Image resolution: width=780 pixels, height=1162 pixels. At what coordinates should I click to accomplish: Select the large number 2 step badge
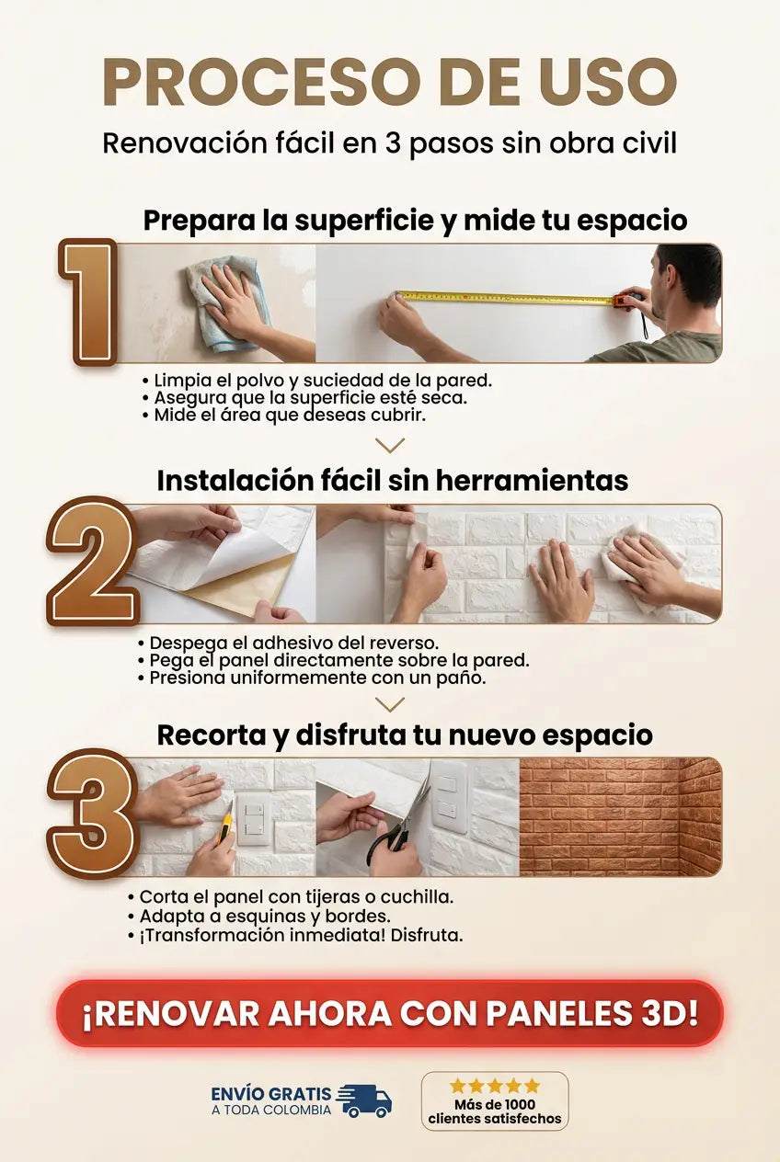coord(92,561)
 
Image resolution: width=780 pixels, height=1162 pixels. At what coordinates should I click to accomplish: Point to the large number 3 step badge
coord(92,814)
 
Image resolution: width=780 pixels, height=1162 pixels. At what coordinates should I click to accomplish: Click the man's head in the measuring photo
coord(685,283)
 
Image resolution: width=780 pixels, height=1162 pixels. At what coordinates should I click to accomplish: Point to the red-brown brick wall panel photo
coord(621,817)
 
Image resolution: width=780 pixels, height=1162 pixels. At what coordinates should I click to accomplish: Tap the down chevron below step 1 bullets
coord(390,445)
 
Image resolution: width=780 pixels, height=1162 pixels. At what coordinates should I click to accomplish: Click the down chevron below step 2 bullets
coord(390,704)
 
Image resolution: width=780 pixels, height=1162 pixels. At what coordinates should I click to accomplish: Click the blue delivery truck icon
coord(364,1101)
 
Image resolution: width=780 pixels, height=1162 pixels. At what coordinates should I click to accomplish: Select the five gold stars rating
coord(495,1085)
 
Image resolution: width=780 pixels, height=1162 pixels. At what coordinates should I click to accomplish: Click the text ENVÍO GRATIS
coord(271,1094)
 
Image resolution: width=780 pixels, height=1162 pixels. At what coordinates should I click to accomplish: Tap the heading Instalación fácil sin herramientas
coord(393,481)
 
